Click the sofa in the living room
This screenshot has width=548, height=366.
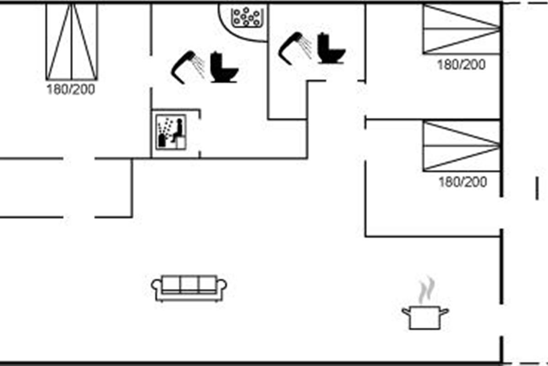click(x=189, y=287)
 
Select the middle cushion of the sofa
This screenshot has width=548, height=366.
click(x=189, y=284)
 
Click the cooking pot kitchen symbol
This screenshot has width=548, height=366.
click(x=425, y=317)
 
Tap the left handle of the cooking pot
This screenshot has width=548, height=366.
click(x=406, y=312)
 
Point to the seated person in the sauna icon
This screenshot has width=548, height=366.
click(x=178, y=129)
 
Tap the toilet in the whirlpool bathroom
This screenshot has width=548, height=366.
click(x=224, y=69)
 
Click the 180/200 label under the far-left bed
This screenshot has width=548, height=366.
click(x=71, y=89)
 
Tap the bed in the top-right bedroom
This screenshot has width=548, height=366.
click(x=461, y=29)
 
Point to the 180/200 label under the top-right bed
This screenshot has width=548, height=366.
click(x=461, y=65)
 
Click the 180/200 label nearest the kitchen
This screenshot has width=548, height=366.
click(x=463, y=183)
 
